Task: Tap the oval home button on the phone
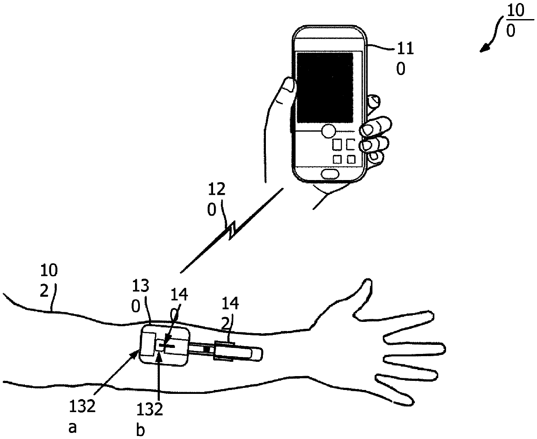click(330, 174)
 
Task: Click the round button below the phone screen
click(329, 130)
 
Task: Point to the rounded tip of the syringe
click(259, 353)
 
